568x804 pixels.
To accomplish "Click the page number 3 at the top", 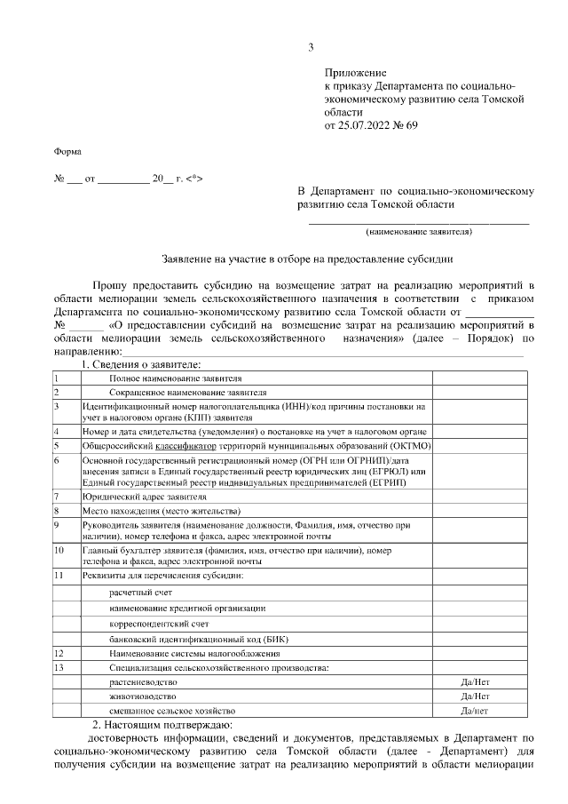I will click(311, 47).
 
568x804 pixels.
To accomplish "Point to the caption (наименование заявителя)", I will click(419, 232).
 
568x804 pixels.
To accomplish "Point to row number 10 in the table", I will click(59, 551).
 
